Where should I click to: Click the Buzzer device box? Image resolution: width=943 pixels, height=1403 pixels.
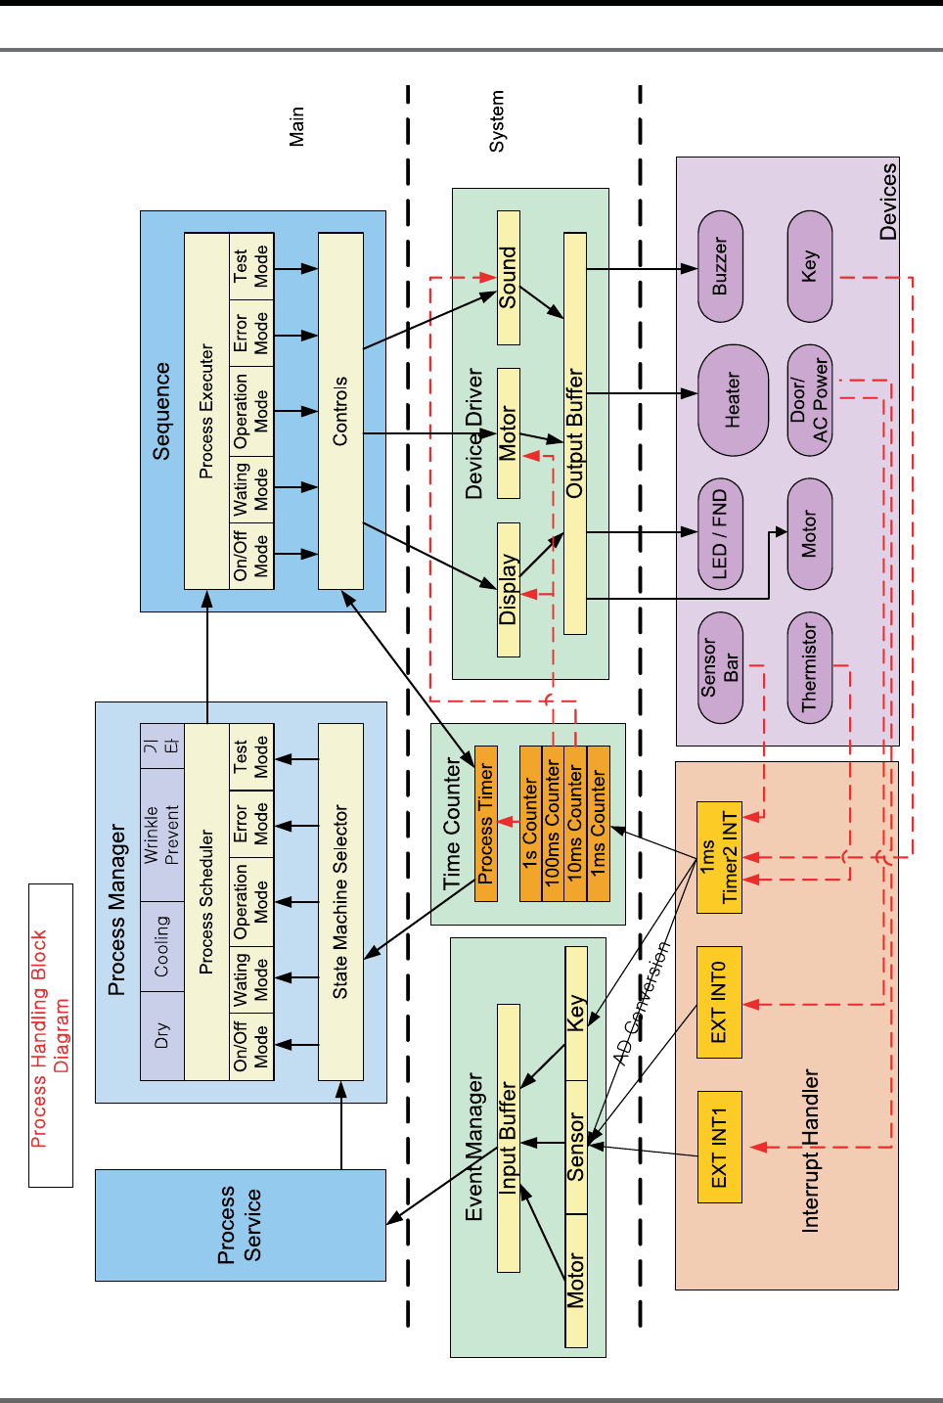point(720,266)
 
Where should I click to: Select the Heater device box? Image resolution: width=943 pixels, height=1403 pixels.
point(733,400)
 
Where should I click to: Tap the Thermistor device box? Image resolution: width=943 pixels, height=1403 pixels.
point(809,667)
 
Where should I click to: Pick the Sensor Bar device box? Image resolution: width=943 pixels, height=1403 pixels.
point(720,667)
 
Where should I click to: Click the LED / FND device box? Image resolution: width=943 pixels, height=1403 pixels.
point(720,534)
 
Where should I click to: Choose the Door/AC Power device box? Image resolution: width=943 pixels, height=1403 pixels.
point(809,400)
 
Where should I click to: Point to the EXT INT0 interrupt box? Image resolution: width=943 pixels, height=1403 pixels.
point(719,1002)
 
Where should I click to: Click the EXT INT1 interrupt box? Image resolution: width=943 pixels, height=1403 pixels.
point(719,1147)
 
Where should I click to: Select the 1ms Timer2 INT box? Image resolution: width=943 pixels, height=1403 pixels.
point(719,857)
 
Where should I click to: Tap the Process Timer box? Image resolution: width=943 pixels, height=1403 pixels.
point(486,823)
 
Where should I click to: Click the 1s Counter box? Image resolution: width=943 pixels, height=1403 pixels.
point(530,823)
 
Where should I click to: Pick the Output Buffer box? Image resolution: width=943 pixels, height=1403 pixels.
point(575,433)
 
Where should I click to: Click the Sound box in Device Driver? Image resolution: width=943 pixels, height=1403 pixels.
point(508,278)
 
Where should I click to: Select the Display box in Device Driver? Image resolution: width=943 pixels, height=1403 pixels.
point(508,589)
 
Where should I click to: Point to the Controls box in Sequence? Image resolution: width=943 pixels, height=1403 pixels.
point(340,411)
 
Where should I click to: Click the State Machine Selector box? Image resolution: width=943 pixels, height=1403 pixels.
point(340,902)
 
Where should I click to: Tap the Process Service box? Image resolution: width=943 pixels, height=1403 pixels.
point(240,1225)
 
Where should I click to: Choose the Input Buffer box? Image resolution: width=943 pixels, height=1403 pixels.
point(508,1137)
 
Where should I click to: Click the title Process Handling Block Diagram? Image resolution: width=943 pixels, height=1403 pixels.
point(50,1036)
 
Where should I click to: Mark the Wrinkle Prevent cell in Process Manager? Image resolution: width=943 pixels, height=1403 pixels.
point(162,835)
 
